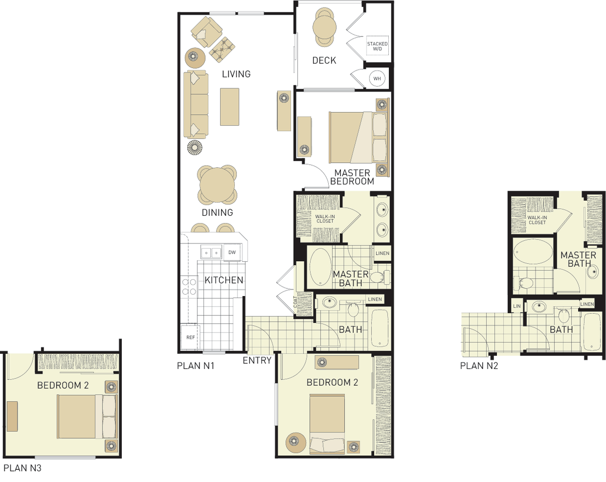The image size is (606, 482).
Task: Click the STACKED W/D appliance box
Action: (377, 45)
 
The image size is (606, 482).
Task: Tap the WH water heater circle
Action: (377, 79)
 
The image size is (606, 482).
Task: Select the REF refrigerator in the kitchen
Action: (190, 337)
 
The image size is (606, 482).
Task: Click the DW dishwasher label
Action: (232, 253)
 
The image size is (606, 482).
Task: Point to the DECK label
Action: (324, 60)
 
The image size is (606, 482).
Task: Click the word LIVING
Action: (236, 74)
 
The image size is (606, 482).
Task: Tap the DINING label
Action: (217, 212)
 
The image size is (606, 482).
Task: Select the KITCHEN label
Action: (224, 280)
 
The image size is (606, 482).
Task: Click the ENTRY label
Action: (257, 360)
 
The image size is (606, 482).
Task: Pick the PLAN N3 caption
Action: (23, 468)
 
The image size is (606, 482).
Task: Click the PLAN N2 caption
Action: (479, 366)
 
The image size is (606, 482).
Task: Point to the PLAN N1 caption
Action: (195, 366)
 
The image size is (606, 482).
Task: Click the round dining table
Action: (217, 185)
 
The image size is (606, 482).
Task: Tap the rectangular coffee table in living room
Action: (229, 107)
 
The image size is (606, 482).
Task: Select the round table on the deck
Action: (324, 27)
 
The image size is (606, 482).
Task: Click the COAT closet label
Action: (295, 302)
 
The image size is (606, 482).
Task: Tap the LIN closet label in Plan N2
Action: (517, 306)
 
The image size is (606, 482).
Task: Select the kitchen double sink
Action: (211, 252)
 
